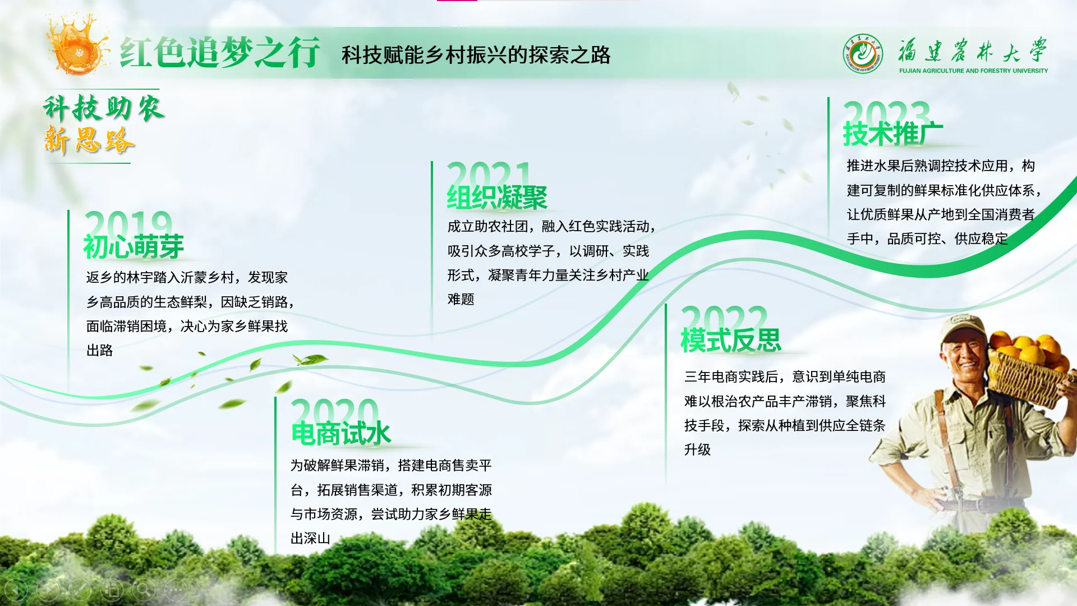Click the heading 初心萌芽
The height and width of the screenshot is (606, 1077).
pyautogui.click(x=134, y=247)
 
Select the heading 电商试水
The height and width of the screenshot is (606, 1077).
pyautogui.click(x=341, y=434)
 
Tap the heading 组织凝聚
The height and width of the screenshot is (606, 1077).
pyautogui.click(x=497, y=198)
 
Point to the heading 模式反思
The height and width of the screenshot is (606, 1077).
pyautogui.click(x=731, y=340)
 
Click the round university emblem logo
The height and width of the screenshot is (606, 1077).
pyautogui.click(x=863, y=54)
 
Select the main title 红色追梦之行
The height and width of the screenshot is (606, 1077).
pyautogui.click(x=220, y=53)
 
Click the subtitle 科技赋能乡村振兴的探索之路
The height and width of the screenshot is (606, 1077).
pyautogui.click(x=476, y=55)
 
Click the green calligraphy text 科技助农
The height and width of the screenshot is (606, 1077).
pyautogui.click(x=104, y=108)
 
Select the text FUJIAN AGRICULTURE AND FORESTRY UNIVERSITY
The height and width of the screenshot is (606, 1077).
pyautogui.click(x=973, y=71)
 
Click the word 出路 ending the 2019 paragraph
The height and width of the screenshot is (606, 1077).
pyautogui.click(x=100, y=351)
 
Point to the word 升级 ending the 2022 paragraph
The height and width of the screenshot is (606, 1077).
pyautogui.click(x=697, y=450)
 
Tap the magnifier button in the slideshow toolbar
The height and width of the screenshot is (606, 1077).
pyautogui.click(x=144, y=590)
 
